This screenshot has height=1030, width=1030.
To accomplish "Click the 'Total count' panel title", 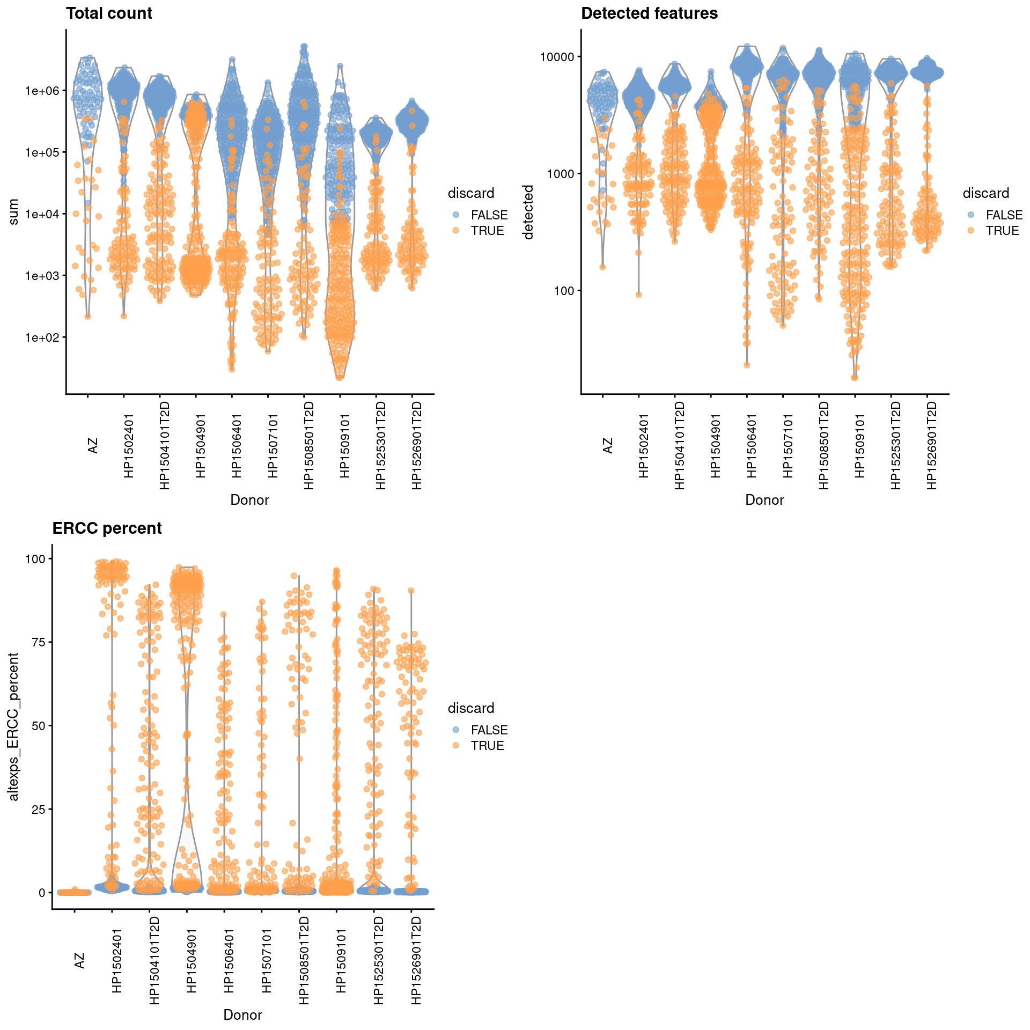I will click(x=109, y=13).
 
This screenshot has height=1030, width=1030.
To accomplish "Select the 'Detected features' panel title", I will click(x=649, y=13).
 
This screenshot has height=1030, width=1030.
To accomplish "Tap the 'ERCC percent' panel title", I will click(x=107, y=528).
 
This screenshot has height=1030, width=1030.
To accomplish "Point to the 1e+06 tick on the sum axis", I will click(x=42, y=91).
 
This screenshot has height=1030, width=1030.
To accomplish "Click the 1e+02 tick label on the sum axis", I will click(x=42, y=337).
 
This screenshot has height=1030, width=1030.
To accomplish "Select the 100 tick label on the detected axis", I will click(x=564, y=291).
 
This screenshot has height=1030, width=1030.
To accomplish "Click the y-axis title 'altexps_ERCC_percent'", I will click(x=13, y=726).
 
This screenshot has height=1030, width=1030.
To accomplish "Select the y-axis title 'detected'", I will click(x=528, y=212).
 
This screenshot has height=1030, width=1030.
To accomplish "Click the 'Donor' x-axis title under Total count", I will click(x=249, y=500).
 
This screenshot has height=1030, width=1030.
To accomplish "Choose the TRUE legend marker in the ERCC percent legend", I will click(x=456, y=746).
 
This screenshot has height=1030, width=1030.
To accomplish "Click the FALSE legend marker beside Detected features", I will click(x=971, y=215).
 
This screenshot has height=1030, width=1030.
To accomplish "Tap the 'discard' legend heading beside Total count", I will click(x=471, y=193).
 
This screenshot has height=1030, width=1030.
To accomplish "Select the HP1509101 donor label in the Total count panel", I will click(x=345, y=445).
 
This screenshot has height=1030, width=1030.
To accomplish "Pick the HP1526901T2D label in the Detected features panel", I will click(x=932, y=445).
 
